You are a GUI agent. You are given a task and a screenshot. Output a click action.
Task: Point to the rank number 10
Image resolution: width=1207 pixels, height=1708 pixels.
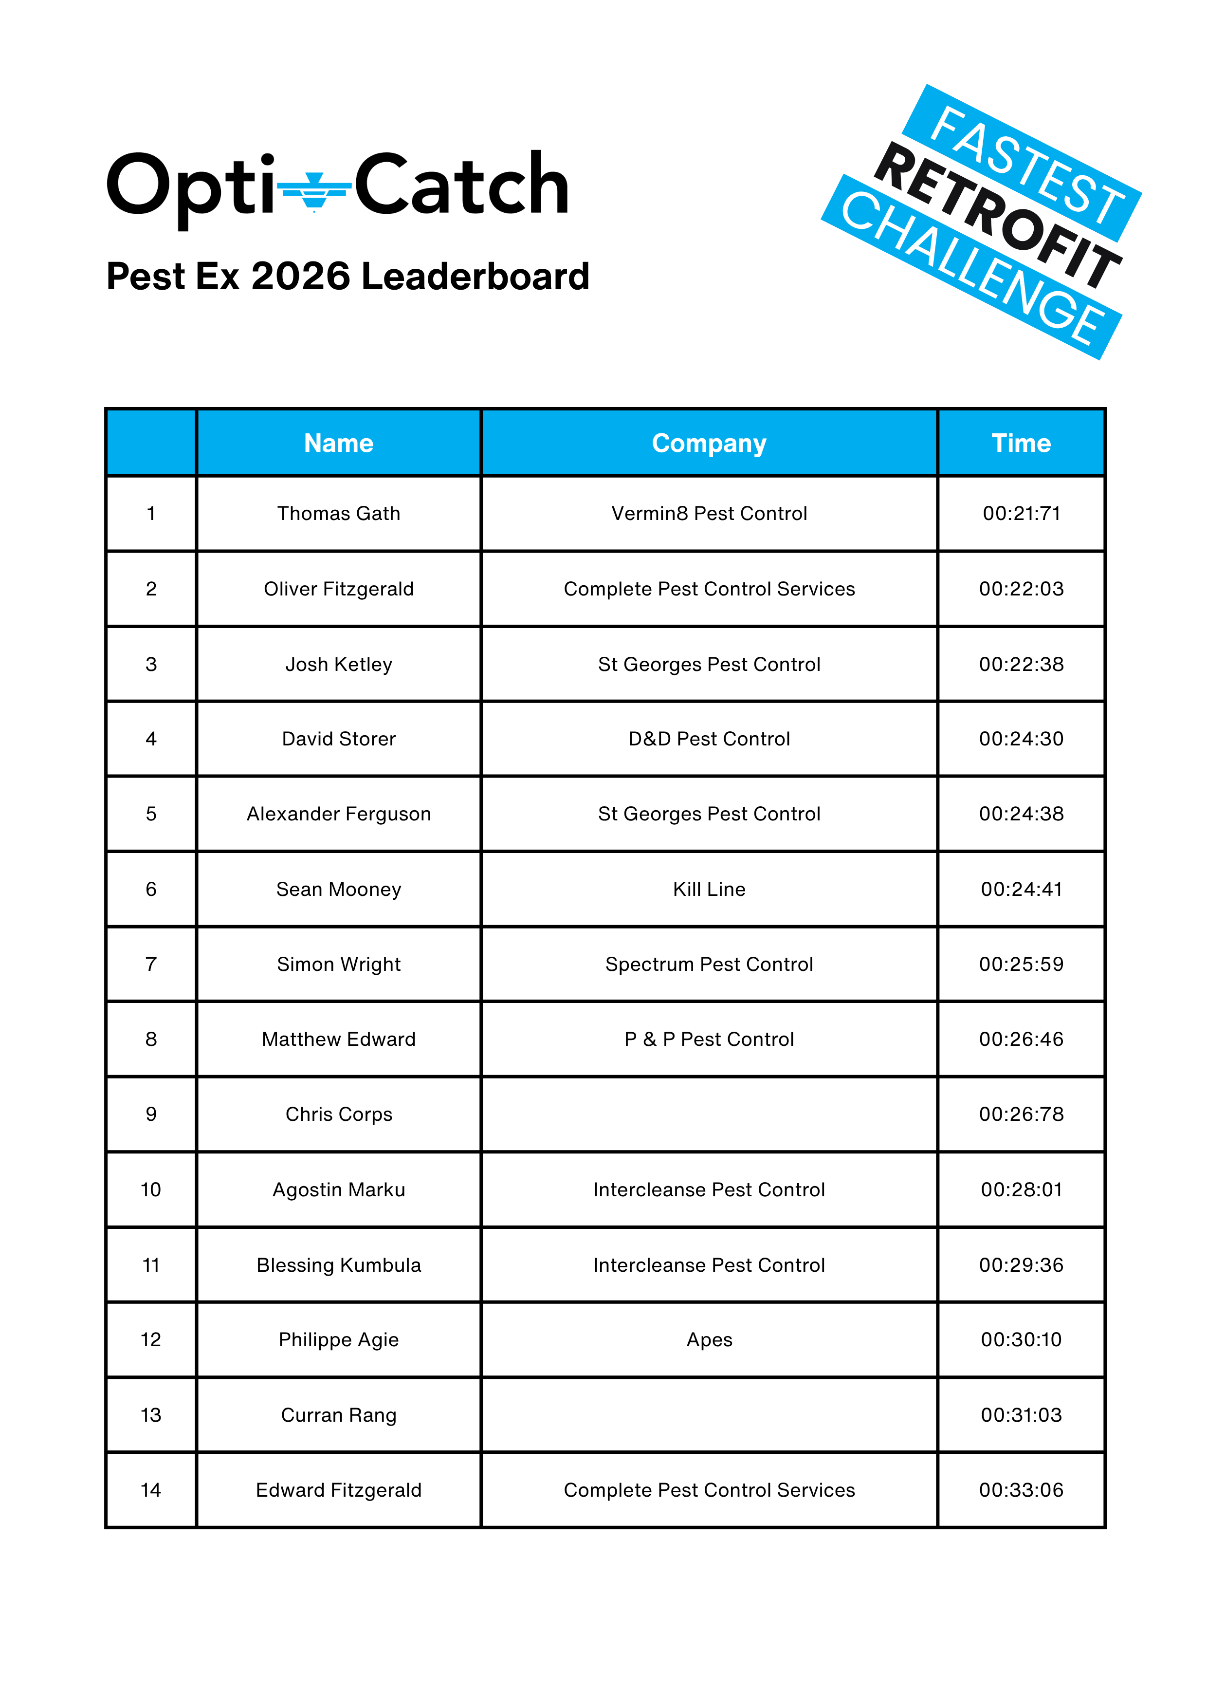[x=151, y=1189]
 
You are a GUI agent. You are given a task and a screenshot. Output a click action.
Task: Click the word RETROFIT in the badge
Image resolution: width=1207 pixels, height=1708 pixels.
[x=997, y=216]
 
